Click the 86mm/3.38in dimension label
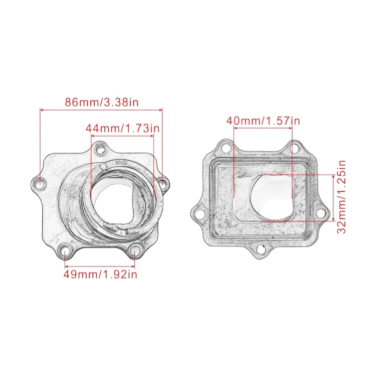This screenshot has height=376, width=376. (102, 102)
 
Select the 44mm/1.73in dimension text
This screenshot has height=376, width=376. (123, 128)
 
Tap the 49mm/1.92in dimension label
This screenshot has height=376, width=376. (100, 274)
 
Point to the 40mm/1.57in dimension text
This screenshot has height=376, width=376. (263, 120)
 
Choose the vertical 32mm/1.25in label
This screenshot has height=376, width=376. (341, 197)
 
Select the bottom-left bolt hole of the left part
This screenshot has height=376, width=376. (65, 251)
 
